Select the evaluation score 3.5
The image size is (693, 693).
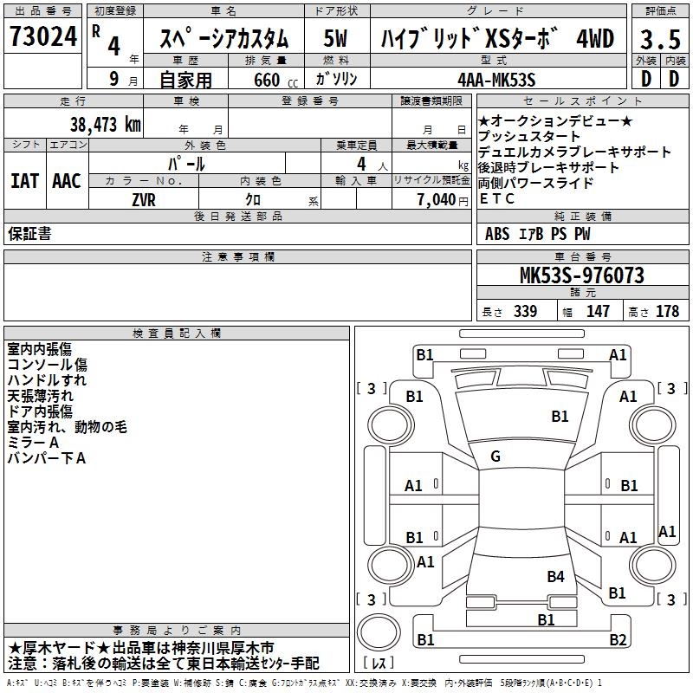coord(659,39)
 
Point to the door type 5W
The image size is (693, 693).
coord(335,39)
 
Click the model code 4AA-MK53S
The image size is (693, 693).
coord(495,80)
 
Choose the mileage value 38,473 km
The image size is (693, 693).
coord(104,124)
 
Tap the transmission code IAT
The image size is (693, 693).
coord(24,180)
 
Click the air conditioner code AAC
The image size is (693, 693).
coord(66,180)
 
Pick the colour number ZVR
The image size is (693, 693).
coord(143,198)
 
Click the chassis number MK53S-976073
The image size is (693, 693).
coord(580,275)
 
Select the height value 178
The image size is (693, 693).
coord(667,311)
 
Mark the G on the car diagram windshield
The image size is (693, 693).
coord(495,457)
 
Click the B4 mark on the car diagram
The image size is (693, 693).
coord(555,576)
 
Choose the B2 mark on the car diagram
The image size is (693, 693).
coord(617,640)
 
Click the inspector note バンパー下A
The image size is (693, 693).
coord(46,458)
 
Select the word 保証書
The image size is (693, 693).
coord(29,233)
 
